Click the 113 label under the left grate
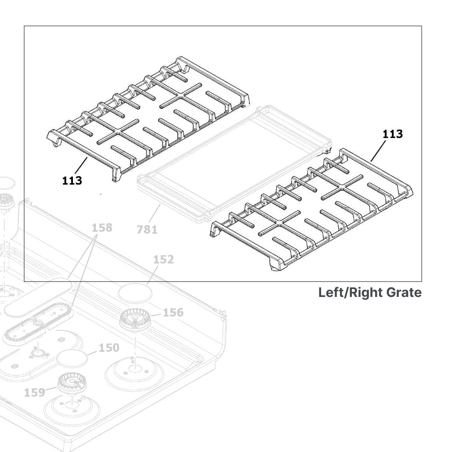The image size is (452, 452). point(72,180)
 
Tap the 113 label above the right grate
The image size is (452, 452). point(392,134)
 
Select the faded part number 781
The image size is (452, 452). point(147,229)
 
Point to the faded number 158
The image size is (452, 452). point(102,228)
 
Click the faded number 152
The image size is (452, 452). point(163,259)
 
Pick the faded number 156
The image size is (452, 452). point(173,312)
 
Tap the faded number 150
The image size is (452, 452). point(108,347)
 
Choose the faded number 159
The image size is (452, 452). point(34,392)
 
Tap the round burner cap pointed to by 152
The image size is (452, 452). point(134,293)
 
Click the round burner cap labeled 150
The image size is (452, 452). point(72,358)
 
